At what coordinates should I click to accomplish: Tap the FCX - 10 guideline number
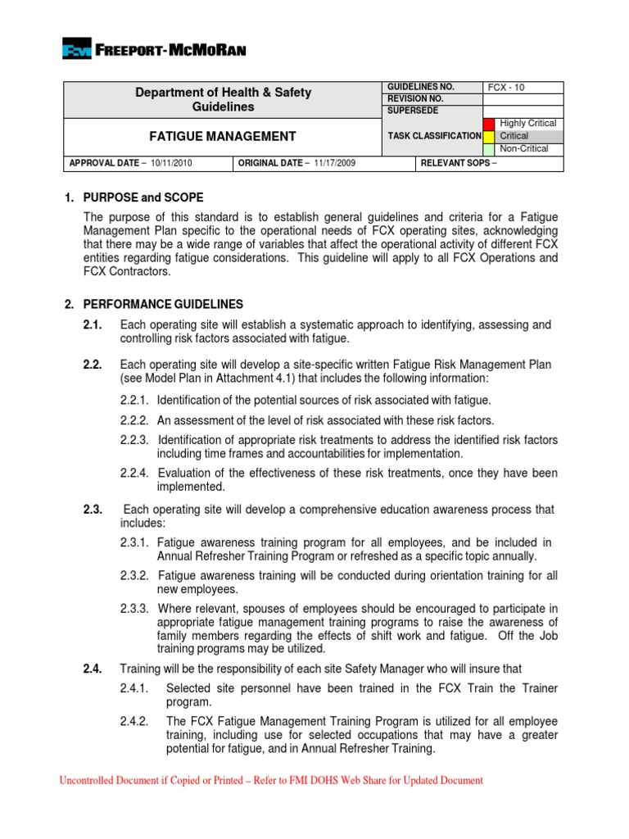pos(507,87)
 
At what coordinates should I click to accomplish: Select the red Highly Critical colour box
pos(489,124)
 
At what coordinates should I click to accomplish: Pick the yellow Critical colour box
pos(489,136)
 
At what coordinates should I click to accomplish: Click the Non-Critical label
pos(524,149)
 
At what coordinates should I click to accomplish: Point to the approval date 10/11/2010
pos(170,163)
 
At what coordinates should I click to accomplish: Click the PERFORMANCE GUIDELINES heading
pos(154,304)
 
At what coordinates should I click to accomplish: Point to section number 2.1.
pos(93,325)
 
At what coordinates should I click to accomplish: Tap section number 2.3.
pos(93,510)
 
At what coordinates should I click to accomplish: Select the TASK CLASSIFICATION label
pos(434,136)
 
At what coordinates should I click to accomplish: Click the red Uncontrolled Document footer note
pos(271,781)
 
